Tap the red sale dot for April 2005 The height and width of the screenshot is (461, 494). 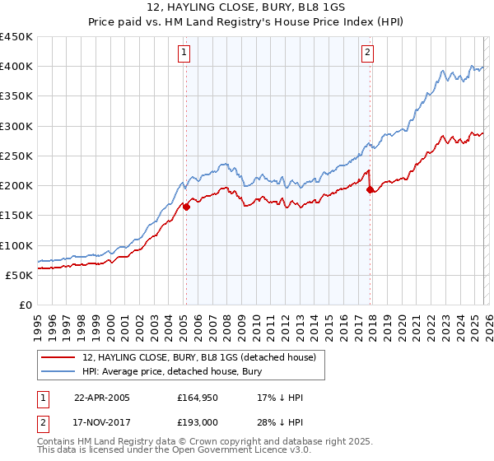[x=187, y=207]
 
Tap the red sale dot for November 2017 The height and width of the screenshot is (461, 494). [x=370, y=190]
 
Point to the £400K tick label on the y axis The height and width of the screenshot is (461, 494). [x=16, y=67]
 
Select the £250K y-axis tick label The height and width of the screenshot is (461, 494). [x=16, y=156]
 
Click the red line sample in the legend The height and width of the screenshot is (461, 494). [x=60, y=357]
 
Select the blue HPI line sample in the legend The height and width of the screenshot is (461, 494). [x=60, y=372]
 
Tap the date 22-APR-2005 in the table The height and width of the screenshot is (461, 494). [x=101, y=398]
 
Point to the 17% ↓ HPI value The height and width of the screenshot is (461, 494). [x=280, y=398]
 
